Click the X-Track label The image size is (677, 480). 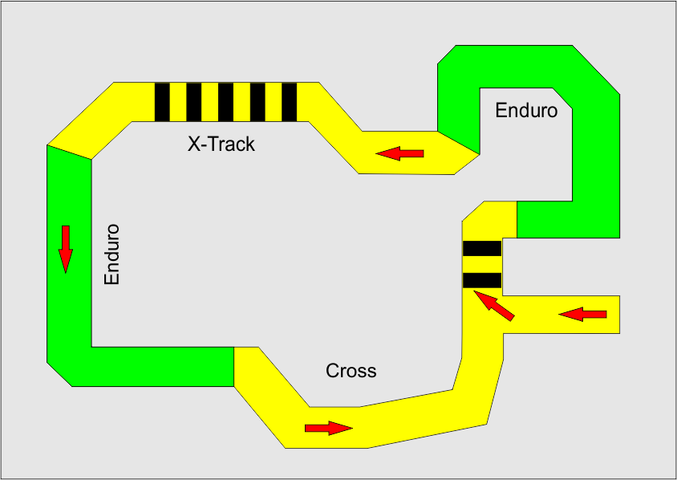point(221,144)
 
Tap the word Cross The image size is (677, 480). point(351,371)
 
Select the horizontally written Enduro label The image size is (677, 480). point(526,111)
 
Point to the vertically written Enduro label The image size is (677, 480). point(111,254)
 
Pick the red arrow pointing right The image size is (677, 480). point(328,428)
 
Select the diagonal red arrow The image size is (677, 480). point(493,306)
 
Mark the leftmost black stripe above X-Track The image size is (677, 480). point(162,102)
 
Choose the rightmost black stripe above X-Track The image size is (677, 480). point(290,102)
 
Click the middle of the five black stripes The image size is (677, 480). point(225,102)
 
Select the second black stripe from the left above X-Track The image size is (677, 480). point(193,102)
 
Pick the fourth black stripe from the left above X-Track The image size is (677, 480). point(257,102)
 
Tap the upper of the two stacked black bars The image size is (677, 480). point(482,248)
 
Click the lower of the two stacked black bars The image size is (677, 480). point(482,280)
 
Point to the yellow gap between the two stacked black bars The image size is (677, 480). point(482,264)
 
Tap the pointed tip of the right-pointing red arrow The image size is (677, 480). point(351,428)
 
